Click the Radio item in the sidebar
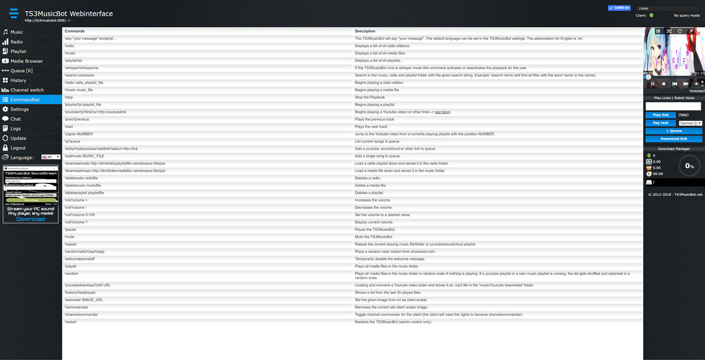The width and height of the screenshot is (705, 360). (x=17, y=42)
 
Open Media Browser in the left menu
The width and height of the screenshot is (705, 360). (x=26, y=61)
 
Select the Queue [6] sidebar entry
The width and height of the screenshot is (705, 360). (x=21, y=70)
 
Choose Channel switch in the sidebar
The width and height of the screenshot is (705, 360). (x=27, y=90)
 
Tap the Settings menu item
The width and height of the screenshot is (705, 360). (x=20, y=109)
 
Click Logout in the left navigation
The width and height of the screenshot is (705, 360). (x=18, y=148)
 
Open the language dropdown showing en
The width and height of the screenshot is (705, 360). (x=51, y=157)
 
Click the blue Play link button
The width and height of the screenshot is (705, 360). (x=660, y=115)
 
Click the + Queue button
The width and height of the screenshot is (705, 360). (x=673, y=131)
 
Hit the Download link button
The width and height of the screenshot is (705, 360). (x=673, y=139)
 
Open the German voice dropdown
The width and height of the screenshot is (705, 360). (x=690, y=123)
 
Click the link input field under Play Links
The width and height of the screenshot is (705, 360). (x=673, y=106)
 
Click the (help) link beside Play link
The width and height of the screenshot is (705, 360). (x=683, y=115)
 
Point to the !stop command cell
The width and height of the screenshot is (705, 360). (x=69, y=97)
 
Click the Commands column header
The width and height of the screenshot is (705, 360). (x=75, y=31)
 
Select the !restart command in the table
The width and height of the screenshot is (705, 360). (x=70, y=322)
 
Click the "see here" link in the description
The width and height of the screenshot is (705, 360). (x=442, y=112)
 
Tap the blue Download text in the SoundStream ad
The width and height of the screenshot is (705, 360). (x=30, y=219)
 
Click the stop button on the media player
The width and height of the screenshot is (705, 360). (x=664, y=84)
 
